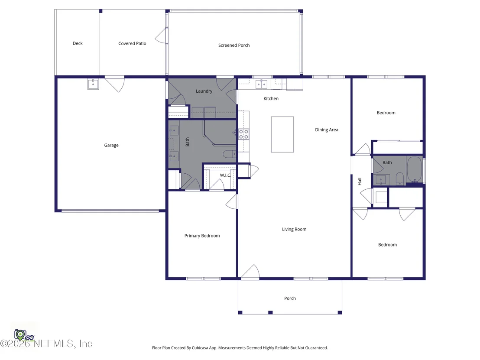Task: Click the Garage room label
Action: coord(111,145)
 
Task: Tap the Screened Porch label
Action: coord(234,45)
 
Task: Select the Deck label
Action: coord(78,43)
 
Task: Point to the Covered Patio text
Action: coord(132,43)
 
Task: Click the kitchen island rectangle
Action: coord(282,134)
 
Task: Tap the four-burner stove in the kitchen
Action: coord(243,134)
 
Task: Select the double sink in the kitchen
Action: coord(261,84)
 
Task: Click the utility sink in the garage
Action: coord(93,84)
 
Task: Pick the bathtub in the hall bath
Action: coord(415,169)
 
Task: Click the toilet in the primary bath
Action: coord(229,154)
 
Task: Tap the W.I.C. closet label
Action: coord(225,175)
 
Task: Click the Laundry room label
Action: coord(204,91)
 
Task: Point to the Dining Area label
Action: coord(327,130)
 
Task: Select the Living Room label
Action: coord(294,229)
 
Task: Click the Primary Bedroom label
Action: coord(202,235)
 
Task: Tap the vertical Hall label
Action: coord(360,181)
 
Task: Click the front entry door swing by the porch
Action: coord(250,272)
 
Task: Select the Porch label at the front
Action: coord(290,298)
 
